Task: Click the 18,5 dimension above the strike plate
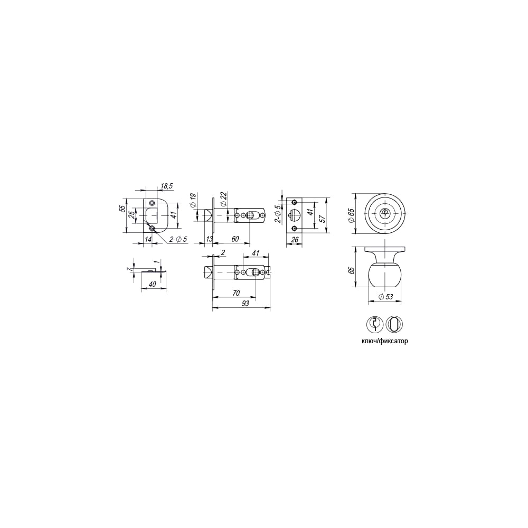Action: pyautogui.click(x=167, y=186)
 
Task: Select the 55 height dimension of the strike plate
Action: pyautogui.click(x=123, y=209)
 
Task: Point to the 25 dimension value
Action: pyautogui.click(x=133, y=214)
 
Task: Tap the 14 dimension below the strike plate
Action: pyautogui.click(x=148, y=239)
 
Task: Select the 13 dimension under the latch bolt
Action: pyautogui.click(x=209, y=239)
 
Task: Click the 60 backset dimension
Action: pyautogui.click(x=235, y=239)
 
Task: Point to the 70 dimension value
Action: pyautogui.click(x=236, y=293)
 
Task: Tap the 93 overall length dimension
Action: pyautogui.click(x=246, y=304)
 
